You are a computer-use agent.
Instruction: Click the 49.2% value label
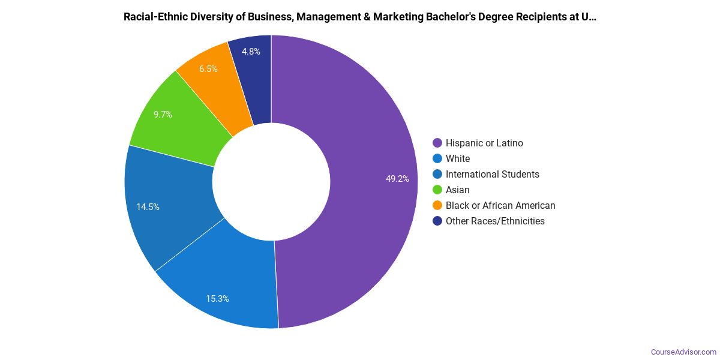(397, 178)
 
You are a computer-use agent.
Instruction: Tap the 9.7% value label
(163, 114)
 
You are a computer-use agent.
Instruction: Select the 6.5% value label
(208, 68)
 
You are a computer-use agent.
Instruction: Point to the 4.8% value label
(251, 52)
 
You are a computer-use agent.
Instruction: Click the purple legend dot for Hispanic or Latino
(437, 143)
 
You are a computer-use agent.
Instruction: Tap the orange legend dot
(437, 205)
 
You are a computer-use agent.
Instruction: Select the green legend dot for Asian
(437, 190)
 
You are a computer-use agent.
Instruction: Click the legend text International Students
(492, 174)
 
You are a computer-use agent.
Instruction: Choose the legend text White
(458, 158)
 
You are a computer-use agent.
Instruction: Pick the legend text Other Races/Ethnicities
(495, 221)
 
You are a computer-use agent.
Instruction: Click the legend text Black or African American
(500, 205)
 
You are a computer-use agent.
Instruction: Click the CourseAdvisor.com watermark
(683, 352)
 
